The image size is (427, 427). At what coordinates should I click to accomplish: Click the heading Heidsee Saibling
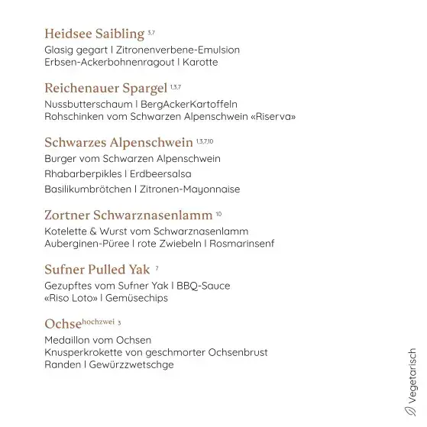click(x=94, y=34)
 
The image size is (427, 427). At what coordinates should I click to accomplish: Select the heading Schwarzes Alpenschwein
click(x=118, y=142)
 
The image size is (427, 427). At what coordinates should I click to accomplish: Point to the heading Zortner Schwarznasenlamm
click(x=128, y=214)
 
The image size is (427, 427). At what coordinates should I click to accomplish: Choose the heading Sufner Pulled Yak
click(x=97, y=270)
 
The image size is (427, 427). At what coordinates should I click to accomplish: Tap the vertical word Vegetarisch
click(x=413, y=375)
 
